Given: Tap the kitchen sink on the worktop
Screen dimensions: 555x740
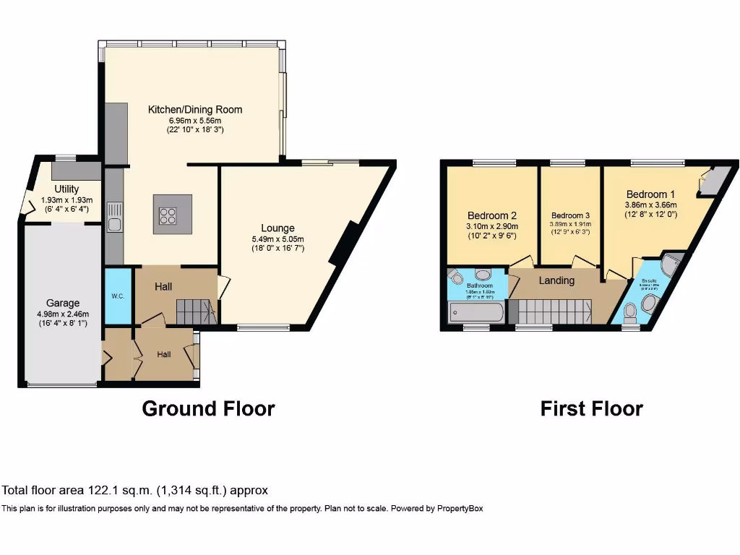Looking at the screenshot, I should click(x=114, y=218).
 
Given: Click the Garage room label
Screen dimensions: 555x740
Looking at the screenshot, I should click(x=63, y=304).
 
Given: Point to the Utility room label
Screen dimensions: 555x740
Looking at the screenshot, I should click(x=66, y=189).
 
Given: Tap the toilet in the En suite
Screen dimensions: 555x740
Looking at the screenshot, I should click(x=629, y=311).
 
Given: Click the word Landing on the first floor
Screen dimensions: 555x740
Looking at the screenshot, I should click(x=556, y=280).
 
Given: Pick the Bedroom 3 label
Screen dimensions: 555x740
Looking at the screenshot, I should click(x=570, y=215).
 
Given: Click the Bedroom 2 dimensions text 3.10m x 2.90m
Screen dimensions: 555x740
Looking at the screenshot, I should click(x=491, y=226).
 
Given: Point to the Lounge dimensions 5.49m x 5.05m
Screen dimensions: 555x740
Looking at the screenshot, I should click(x=277, y=239).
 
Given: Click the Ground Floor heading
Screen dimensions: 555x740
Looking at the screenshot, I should click(x=208, y=408).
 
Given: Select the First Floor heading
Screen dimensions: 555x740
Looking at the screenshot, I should click(x=591, y=408).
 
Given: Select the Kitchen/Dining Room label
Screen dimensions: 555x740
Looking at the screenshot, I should click(x=195, y=110).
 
